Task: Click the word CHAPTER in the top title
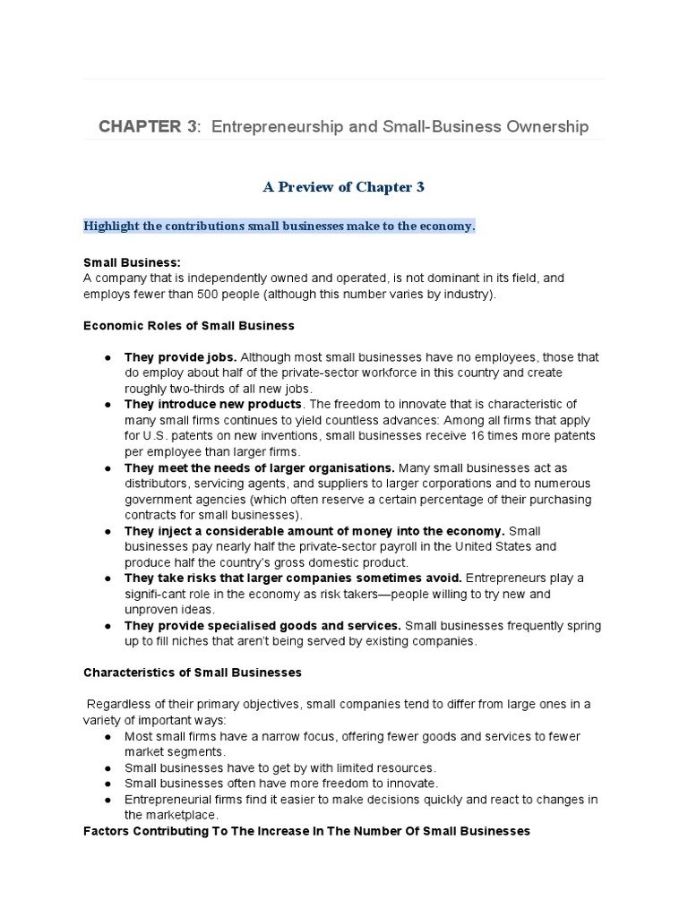(141, 126)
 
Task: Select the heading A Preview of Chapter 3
(343, 186)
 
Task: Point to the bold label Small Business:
(132, 262)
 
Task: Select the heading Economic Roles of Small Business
(188, 325)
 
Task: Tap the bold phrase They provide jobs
(180, 356)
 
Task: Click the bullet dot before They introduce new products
(107, 404)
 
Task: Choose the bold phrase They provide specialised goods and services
(262, 626)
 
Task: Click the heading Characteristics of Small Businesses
(192, 673)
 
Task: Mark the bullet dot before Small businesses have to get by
(107, 767)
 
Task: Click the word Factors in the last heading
(107, 831)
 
